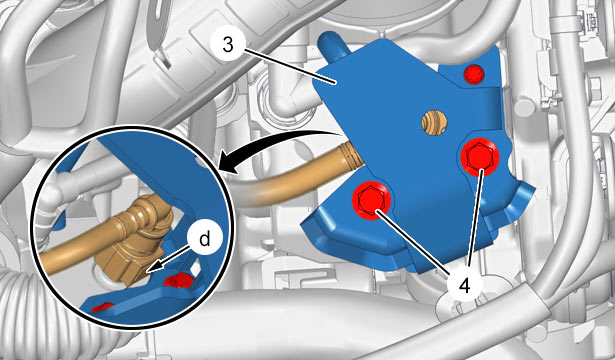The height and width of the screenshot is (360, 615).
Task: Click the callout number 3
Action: pyautogui.click(x=227, y=45)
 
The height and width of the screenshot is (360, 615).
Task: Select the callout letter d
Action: pyautogui.click(x=205, y=239)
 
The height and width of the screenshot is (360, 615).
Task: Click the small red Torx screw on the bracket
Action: pyautogui.click(x=474, y=74)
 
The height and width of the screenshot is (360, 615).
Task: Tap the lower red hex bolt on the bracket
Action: pyautogui.click(x=371, y=201)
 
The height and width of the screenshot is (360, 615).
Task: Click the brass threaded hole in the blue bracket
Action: pyautogui.click(x=435, y=123)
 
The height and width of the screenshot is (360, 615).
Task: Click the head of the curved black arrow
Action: pyautogui.click(x=228, y=163)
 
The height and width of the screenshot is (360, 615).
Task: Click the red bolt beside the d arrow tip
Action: pyautogui.click(x=178, y=280)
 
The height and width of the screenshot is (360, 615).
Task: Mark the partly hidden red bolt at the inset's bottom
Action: pyautogui.click(x=102, y=307)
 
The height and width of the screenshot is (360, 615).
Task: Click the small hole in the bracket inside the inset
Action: pyautogui.click(x=202, y=162)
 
